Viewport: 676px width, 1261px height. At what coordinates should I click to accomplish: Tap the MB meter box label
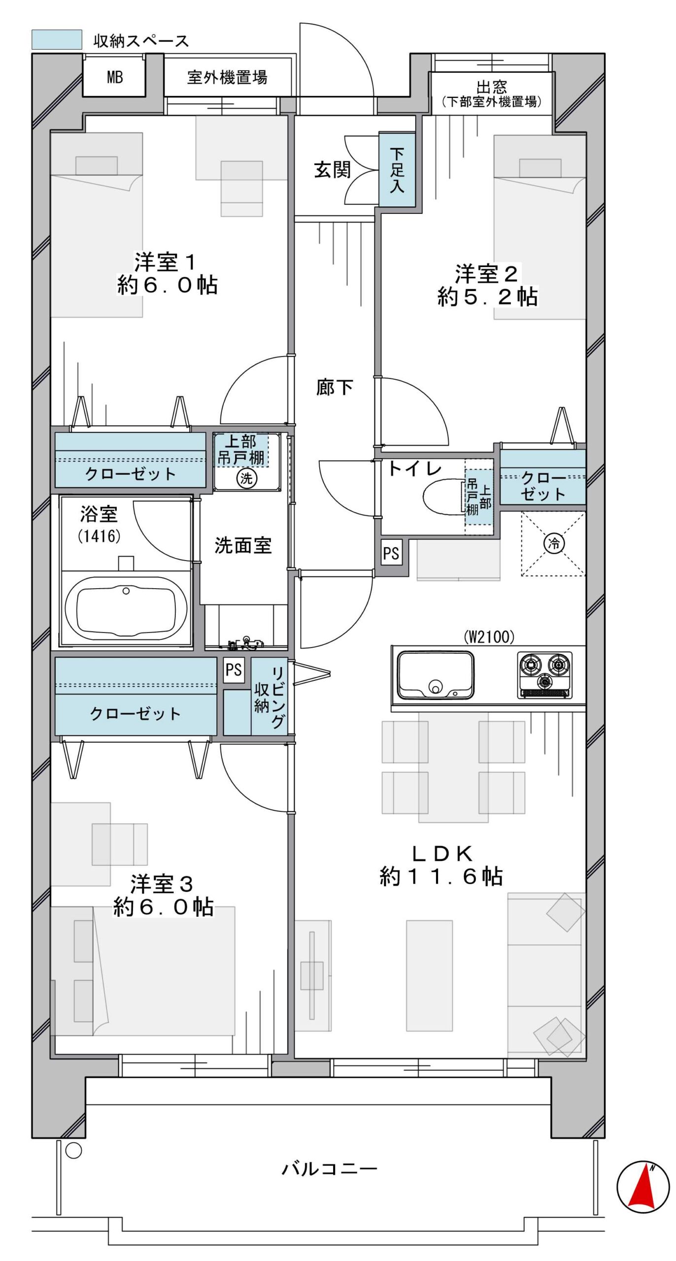coord(115,77)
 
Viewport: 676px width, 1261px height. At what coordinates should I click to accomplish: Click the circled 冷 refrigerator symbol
coord(554,544)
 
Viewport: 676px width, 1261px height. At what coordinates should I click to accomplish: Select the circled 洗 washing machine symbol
coord(246,477)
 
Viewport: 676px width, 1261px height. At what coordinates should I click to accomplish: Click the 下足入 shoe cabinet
coord(397,169)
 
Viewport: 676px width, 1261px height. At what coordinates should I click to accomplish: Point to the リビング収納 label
coord(270,697)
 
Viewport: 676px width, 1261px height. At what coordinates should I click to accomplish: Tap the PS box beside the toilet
coord(391,553)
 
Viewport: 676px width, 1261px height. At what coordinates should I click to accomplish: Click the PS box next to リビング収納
coord(234,670)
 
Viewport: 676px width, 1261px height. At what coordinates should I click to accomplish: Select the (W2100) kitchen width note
coord(489,637)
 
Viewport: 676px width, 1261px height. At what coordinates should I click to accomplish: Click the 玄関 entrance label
coord(333,169)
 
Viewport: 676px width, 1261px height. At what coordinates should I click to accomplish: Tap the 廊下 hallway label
coord(335,387)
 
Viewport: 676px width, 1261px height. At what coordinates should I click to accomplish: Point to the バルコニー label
coord(329,1168)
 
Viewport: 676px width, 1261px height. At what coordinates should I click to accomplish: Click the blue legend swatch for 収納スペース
coord(57,40)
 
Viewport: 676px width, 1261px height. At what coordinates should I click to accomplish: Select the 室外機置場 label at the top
coord(227,77)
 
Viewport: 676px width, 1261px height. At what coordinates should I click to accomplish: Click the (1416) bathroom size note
coord(99,536)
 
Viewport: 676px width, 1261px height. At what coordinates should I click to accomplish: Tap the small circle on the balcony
coord(73,1151)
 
